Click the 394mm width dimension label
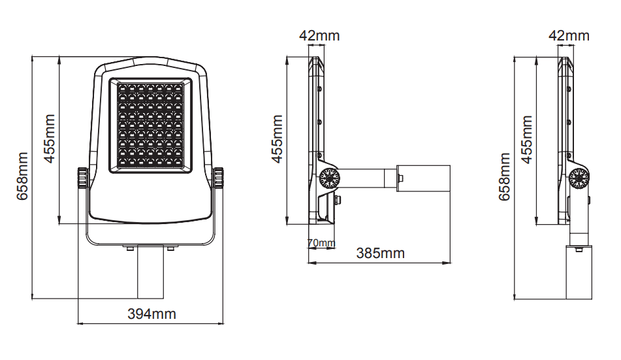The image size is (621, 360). (x=151, y=314)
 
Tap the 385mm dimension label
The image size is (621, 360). (x=380, y=254)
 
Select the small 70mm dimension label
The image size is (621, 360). (x=321, y=242)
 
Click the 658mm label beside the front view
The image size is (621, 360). (x=22, y=176)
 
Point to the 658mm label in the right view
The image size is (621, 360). (x=504, y=177)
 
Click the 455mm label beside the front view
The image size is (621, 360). (x=49, y=139)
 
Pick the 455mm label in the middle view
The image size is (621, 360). (x=277, y=139)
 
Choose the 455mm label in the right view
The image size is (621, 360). (x=526, y=140)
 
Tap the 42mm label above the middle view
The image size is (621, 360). (x=319, y=36)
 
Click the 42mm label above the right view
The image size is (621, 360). (x=569, y=36)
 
